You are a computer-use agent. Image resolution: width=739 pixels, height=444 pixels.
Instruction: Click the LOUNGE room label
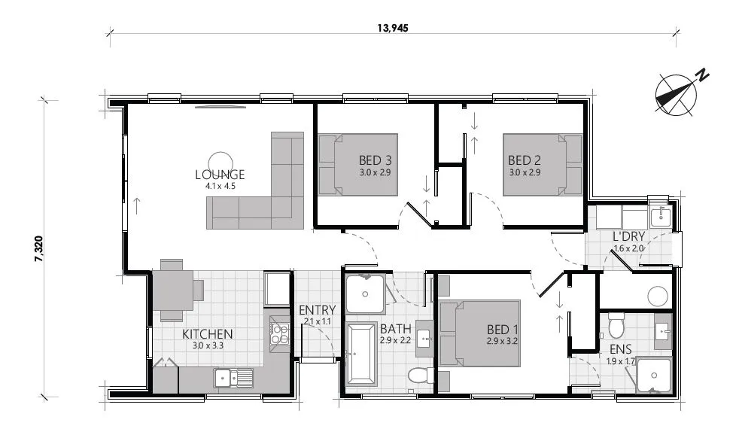point(220,175)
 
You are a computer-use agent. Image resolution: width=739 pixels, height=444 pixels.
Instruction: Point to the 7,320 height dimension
point(38,248)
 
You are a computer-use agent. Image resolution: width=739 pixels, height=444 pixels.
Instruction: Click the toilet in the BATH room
point(418,375)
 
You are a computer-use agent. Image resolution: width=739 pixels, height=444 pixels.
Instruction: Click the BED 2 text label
point(525,160)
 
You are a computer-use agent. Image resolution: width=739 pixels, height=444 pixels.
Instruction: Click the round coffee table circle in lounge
point(220,161)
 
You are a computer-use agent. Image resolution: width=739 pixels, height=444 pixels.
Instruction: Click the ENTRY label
point(317,310)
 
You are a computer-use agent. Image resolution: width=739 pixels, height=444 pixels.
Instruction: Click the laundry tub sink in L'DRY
point(659,217)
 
